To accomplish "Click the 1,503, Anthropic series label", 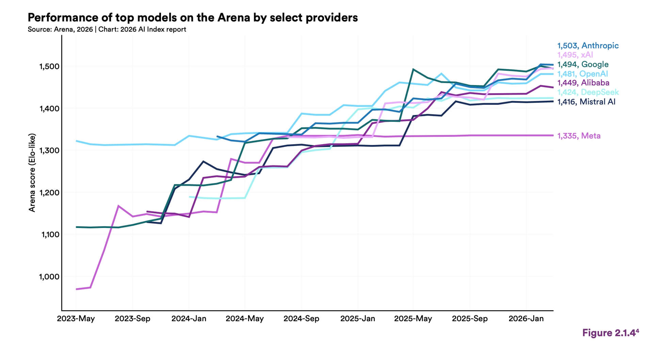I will [588, 46].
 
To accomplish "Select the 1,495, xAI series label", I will [575, 55].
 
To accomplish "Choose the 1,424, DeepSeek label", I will [588, 92].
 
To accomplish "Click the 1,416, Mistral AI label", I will [586, 102].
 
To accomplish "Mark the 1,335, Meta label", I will [579, 136].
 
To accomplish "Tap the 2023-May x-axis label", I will [76, 319].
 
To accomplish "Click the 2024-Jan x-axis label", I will [189, 319].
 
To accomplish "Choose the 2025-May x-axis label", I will [413, 319].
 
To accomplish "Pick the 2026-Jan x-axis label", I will [526, 319].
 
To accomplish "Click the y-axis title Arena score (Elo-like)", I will [32, 173].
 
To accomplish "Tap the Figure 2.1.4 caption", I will [610, 333].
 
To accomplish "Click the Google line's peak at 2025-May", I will [413, 69].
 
